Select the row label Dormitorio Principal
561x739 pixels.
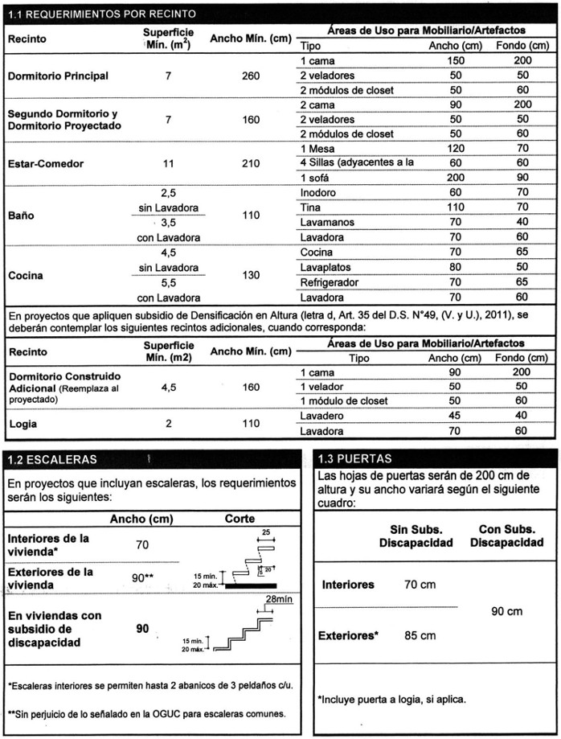(x=58, y=76)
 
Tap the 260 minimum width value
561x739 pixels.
(x=250, y=76)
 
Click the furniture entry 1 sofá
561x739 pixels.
(x=317, y=178)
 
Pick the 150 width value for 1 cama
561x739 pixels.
(x=456, y=61)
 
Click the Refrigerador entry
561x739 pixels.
(x=330, y=282)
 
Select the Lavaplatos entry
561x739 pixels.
(x=325, y=267)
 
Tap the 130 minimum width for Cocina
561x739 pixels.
(x=250, y=275)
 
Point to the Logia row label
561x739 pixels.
(x=23, y=423)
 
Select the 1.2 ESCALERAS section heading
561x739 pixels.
(x=51, y=460)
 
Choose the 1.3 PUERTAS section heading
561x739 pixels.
(x=354, y=459)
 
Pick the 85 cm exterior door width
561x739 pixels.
(x=420, y=635)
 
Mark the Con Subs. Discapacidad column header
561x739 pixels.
(x=506, y=536)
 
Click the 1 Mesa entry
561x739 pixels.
(x=318, y=149)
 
